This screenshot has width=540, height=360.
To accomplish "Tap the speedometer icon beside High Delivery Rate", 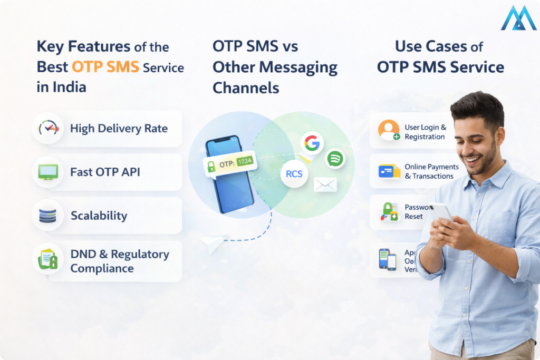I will coord(48,128).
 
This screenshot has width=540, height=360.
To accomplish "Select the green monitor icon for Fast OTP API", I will coord(48,172).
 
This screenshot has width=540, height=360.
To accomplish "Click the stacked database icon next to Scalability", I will coord(48,215).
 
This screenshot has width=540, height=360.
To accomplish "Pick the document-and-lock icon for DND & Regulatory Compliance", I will coord(48,259).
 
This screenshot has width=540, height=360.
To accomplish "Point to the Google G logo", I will coord(312,142).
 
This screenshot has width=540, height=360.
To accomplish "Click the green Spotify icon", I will coord(335,158).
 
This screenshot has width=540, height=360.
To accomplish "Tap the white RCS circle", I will coord(294,174).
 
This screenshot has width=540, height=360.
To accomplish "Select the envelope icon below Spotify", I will coord(325,184).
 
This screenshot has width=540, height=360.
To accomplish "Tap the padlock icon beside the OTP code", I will coord(211,167).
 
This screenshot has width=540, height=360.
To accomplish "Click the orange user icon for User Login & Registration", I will coord(389,130).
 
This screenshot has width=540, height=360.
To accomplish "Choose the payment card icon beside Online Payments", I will coord(389,171).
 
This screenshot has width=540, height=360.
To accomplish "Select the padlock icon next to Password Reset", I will coord(389,211).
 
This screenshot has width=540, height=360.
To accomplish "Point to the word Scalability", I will coord(99,216).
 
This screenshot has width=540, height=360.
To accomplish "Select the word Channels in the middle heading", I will coord(246,87).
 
